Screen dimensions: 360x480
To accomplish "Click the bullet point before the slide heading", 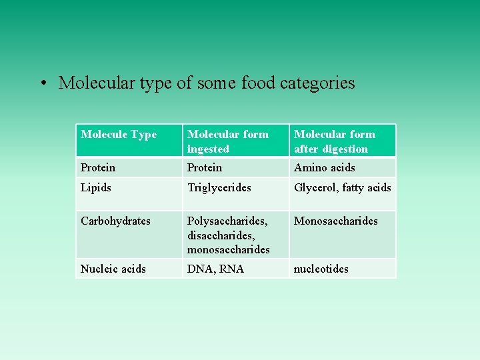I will (42, 84).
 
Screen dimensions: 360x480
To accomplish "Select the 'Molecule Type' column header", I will (119, 135).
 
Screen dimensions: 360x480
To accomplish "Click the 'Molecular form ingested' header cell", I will (227, 141).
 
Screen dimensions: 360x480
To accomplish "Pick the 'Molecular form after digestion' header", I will (334, 141).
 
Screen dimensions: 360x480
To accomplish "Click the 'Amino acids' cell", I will (325, 168).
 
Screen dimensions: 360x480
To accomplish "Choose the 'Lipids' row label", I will (96, 188).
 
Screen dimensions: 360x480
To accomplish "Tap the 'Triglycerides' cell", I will (219, 188).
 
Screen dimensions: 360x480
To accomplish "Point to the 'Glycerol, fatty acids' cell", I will (343, 188).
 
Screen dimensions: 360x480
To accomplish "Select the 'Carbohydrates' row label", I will (115, 221).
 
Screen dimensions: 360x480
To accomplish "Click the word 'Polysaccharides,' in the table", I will (227, 221).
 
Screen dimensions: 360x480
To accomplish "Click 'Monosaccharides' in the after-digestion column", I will (336, 221).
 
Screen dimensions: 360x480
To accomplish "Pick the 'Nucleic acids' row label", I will (113, 269).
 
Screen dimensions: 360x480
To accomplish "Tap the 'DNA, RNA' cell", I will (215, 269).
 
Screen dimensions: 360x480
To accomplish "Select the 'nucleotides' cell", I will (321, 269).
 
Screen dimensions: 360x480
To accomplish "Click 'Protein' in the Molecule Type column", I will (98, 168).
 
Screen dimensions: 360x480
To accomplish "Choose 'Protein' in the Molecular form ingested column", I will (205, 168).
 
